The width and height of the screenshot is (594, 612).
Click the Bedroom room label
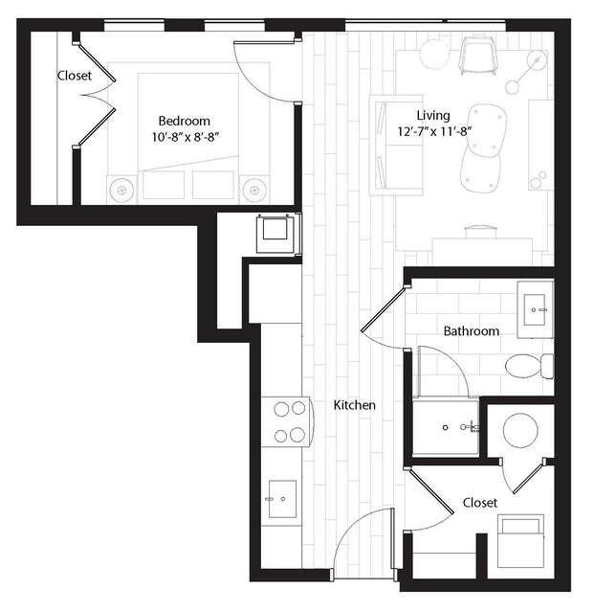tap(185, 121)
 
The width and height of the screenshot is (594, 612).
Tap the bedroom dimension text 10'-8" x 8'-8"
tap(185, 137)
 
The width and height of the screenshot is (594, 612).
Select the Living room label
tap(433, 116)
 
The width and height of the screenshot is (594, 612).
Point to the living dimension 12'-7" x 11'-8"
tap(433, 131)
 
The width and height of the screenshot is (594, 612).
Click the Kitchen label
tap(355, 405)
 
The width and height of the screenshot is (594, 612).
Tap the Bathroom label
tap(472, 331)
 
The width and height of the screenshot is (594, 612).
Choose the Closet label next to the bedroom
tap(75, 76)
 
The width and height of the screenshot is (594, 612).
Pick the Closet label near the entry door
tap(480, 502)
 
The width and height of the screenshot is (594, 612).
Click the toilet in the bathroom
tap(529, 366)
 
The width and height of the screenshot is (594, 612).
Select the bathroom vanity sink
tap(535, 309)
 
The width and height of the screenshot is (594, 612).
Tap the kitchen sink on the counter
tap(282, 499)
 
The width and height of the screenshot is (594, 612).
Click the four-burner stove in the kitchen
tap(288, 421)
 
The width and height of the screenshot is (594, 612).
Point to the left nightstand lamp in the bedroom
tap(122, 190)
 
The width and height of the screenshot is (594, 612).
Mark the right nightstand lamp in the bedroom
tap(254, 190)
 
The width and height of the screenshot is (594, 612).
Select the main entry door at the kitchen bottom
tap(363, 543)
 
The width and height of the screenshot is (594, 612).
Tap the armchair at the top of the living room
tap(479, 55)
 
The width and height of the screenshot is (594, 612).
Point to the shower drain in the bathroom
tap(446, 428)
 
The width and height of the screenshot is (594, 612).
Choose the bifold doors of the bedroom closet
tap(97, 95)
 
